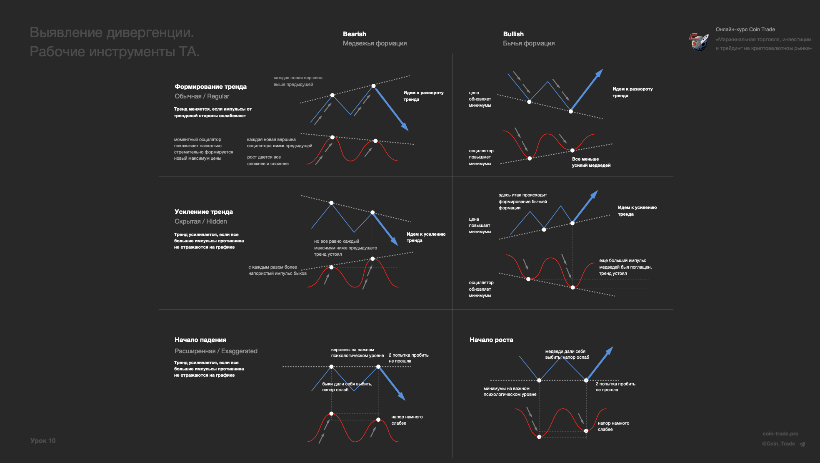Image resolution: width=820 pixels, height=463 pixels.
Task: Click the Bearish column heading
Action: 354,34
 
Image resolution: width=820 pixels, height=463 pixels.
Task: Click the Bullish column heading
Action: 513,34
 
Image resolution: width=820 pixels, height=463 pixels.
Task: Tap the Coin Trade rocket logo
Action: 698,42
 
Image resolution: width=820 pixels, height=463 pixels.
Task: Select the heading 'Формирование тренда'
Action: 210,87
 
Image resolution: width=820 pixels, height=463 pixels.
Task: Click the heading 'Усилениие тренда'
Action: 203,212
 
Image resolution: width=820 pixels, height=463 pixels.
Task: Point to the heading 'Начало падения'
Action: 200,340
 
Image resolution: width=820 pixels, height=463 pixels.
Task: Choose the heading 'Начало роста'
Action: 491,340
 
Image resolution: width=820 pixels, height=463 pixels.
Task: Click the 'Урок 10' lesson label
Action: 43,441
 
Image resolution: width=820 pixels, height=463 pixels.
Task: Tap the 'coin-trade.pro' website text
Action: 780,434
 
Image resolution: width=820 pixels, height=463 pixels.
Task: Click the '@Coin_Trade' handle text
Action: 778,444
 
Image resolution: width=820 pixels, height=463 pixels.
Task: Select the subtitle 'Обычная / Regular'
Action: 202,96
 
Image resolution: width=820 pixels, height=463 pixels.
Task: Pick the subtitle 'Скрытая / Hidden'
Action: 200,221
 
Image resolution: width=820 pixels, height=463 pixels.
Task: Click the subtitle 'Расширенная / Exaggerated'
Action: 216,351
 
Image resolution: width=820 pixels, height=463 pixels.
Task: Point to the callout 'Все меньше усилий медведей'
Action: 591,162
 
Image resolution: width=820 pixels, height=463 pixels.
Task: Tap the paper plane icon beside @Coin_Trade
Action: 802,444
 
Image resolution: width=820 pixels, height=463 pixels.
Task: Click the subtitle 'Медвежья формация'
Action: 375,43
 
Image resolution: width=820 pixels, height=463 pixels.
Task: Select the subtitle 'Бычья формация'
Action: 528,43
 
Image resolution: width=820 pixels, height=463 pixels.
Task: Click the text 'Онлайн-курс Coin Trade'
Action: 745,30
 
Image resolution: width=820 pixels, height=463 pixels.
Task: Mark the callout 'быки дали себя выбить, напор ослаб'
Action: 347,387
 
